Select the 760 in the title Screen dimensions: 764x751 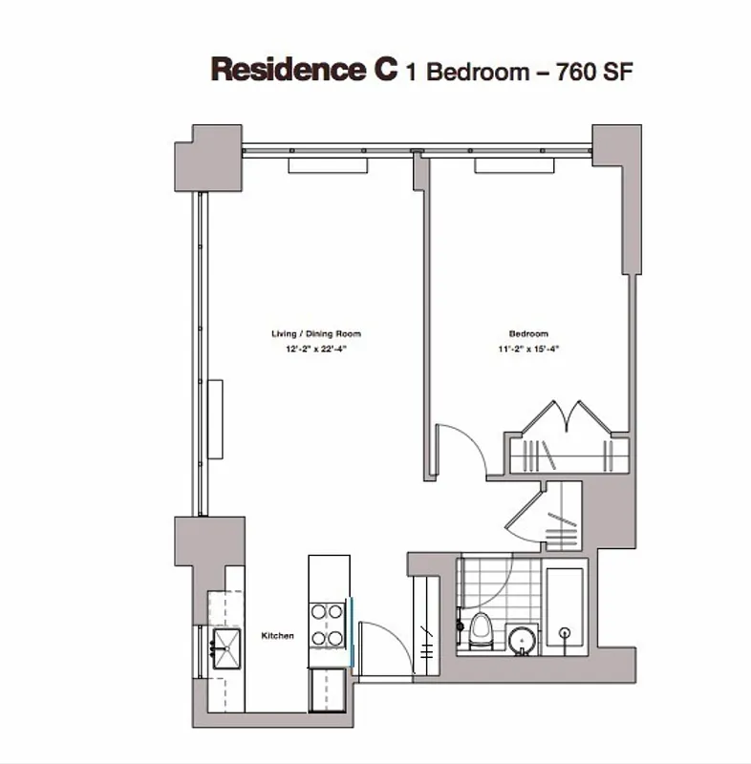tap(575, 72)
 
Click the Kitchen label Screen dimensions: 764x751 tap(278, 636)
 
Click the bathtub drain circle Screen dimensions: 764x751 tap(565, 633)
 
